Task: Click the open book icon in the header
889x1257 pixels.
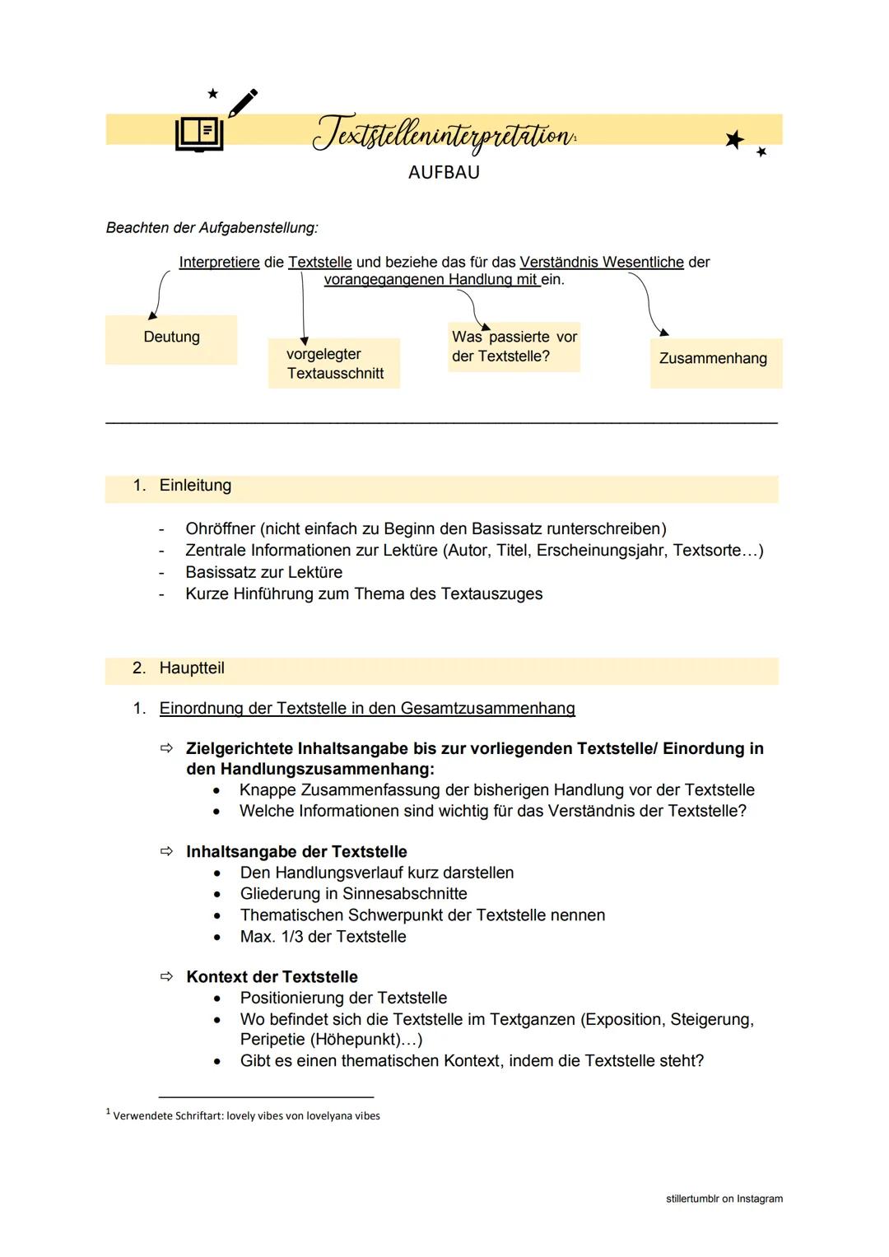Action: point(198,133)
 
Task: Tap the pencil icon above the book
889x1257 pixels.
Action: point(242,102)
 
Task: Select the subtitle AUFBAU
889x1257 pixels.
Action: point(444,173)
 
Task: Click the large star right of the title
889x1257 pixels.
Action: point(734,139)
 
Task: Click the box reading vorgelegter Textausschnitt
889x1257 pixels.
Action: point(334,364)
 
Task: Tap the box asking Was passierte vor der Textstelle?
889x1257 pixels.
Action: point(514,347)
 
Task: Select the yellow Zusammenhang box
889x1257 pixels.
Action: point(714,359)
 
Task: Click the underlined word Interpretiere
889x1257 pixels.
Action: point(219,263)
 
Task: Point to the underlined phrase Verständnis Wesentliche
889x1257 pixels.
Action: point(602,263)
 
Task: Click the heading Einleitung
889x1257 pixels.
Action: point(195,486)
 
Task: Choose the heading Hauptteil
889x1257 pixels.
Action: point(192,668)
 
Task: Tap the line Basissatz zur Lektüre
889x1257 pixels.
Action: point(263,572)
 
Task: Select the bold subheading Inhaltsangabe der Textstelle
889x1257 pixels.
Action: point(296,852)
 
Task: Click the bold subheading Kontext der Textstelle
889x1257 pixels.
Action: point(272,977)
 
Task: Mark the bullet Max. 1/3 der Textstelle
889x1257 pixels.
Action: point(323,937)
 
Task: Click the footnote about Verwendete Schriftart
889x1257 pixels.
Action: point(245,1116)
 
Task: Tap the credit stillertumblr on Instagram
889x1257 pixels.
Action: point(724,1199)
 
